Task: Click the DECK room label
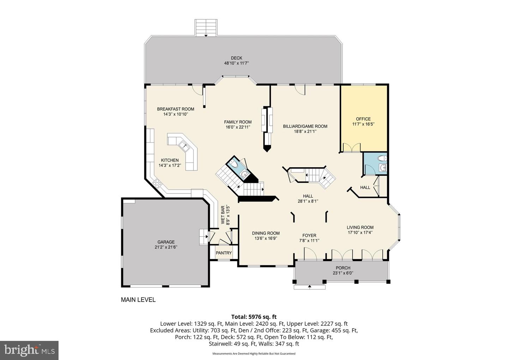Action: point(236,58)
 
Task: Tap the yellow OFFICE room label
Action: point(363,119)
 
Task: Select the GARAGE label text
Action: point(166,242)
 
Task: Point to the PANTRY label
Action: point(224,253)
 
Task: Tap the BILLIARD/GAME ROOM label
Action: point(305,126)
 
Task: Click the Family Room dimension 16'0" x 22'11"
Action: point(238,127)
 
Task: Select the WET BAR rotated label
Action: point(223,215)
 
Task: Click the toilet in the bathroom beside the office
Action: point(382,158)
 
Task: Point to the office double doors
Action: point(351,148)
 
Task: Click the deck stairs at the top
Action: point(206,28)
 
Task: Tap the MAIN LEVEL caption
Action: point(138,300)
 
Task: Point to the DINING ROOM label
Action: point(266,233)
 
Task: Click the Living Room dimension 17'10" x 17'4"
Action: point(360,232)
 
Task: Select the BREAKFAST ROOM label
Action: point(175,109)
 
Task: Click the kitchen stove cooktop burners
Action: point(157,183)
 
